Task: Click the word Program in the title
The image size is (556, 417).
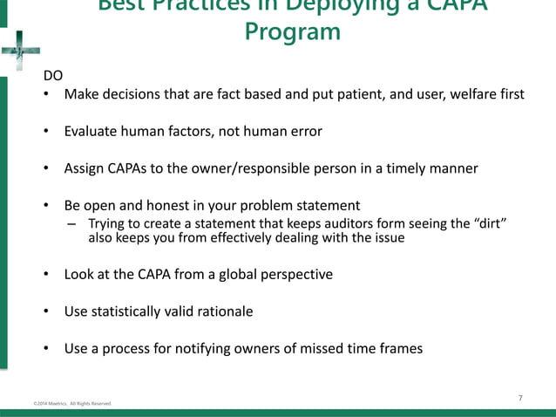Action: pyautogui.click(x=292, y=33)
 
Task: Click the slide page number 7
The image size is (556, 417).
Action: pyautogui.click(x=520, y=398)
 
